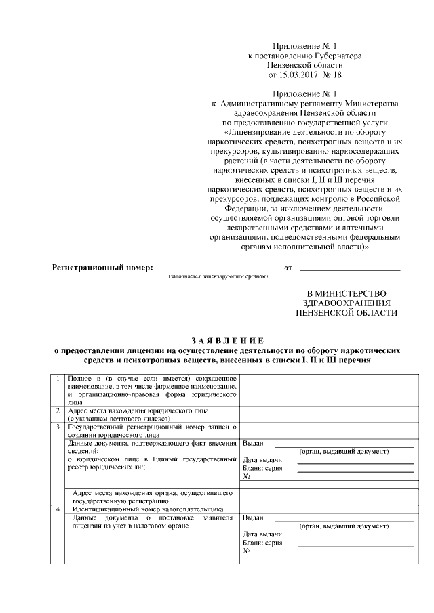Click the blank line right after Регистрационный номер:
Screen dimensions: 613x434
[x=218, y=269]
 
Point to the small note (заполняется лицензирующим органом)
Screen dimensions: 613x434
[x=214, y=277]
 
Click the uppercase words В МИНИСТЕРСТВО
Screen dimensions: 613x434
[x=347, y=292]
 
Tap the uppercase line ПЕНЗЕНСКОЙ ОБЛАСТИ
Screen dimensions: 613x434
[x=347, y=314]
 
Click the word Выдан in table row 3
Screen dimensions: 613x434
[x=252, y=444]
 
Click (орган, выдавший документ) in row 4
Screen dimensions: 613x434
[x=344, y=526]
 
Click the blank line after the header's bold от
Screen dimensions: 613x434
[x=350, y=269]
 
